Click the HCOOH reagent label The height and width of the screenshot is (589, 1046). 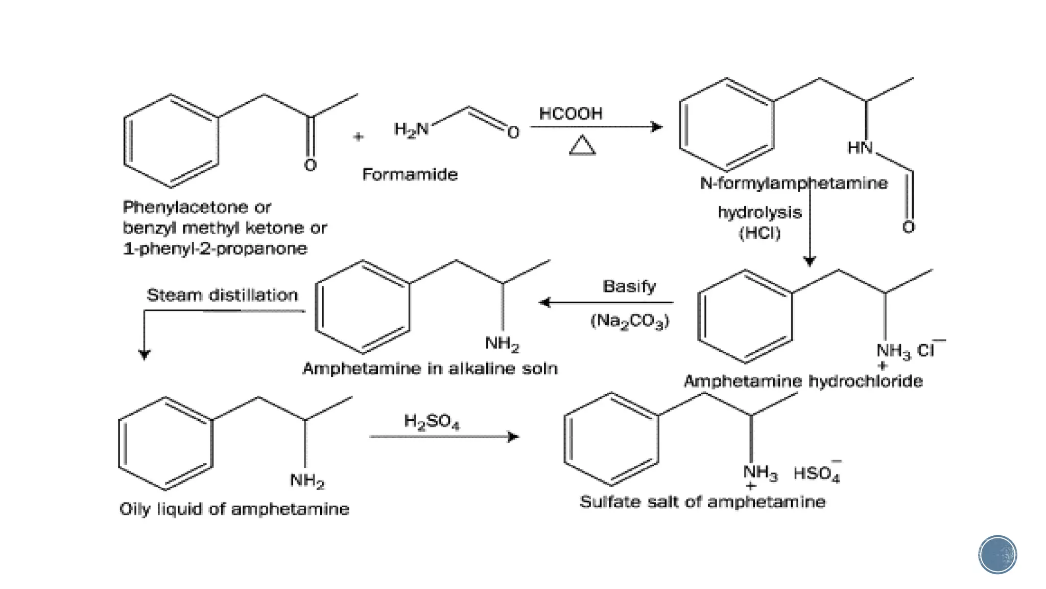pos(570,114)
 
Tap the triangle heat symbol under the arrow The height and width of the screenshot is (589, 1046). pos(582,146)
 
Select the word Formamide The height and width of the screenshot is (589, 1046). pos(410,174)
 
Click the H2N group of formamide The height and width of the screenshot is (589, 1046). pos(411,129)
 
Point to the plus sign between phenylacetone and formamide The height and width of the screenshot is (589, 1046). pos(358,137)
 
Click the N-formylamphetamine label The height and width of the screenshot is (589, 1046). pos(793,183)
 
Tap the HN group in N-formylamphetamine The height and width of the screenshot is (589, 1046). pos(860,148)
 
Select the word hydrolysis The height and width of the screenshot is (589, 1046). pos(759,212)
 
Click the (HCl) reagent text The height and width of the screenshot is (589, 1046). pos(759,233)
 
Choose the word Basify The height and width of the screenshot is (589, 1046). pos(629,286)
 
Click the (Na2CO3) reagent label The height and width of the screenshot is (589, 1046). pos(629,321)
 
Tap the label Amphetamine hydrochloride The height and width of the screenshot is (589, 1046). pos(803,381)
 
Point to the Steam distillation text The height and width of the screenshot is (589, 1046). pos(222,295)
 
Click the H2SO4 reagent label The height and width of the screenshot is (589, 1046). pos(432,422)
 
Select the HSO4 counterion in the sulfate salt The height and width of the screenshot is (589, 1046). pos(816,473)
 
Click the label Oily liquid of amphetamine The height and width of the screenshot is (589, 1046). pos(234,509)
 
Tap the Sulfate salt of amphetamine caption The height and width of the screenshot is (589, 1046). pos(702,502)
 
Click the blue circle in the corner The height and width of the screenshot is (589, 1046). pos(997,555)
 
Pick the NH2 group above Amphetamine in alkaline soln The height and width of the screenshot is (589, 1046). pos(502,343)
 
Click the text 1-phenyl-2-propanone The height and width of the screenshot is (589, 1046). pos(215,249)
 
